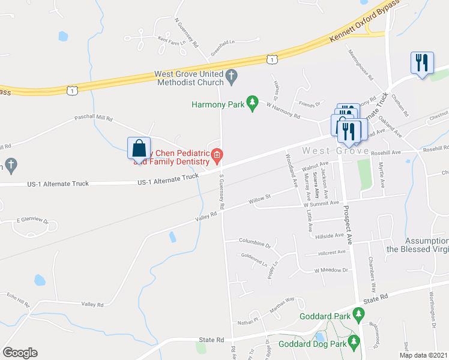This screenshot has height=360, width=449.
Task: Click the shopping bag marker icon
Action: click(139, 148)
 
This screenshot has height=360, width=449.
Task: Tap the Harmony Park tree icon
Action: click(253, 104)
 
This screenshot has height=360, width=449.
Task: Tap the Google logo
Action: click(20, 353)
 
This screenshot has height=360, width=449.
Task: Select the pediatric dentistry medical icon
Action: click(217, 157)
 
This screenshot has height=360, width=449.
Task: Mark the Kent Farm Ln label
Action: click(169, 41)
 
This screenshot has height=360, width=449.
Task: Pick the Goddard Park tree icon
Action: click(359, 313)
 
